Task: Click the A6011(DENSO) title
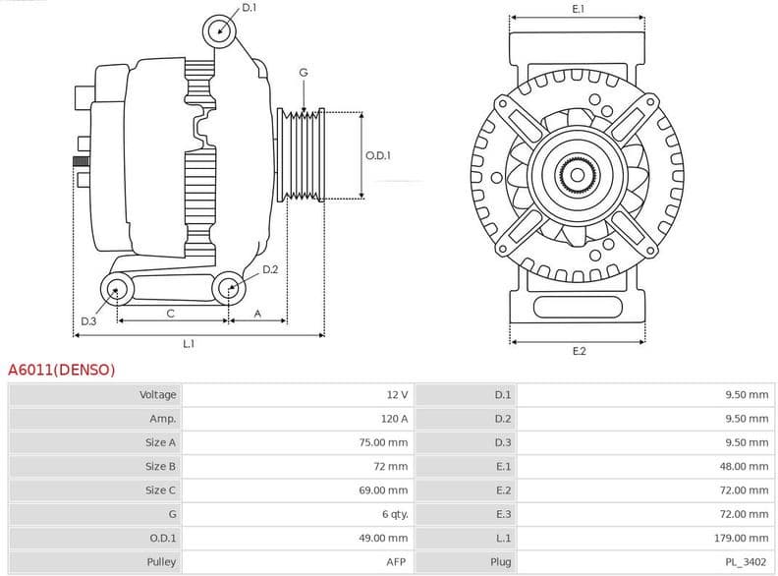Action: tap(61, 371)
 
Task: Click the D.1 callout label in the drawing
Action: tap(249, 8)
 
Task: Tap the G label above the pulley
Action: tap(304, 73)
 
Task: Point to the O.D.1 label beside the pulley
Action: tap(378, 155)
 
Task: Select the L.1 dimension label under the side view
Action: tap(189, 343)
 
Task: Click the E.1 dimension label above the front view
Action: tap(578, 9)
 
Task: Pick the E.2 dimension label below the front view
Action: tap(579, 351)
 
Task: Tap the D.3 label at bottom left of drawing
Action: tap(88, 321)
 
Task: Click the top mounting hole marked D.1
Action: tap(220, 30)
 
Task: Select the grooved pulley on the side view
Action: tap(302, 155)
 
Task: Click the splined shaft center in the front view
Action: tap(577, 176)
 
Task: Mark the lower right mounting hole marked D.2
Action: tap(230, 288)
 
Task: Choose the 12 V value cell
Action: tap(397, 395)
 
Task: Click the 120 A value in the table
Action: tap(395, 419)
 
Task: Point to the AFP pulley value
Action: tap(398, 562)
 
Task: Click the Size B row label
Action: tap(161, 467)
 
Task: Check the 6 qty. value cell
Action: tap(394, 514)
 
